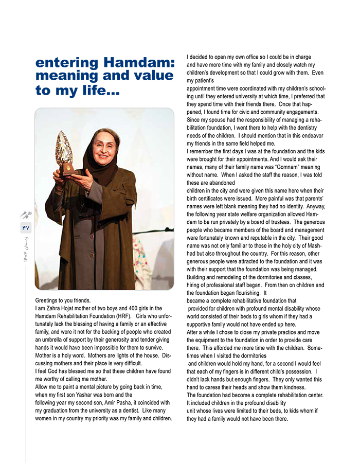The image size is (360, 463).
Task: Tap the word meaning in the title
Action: [x=68, y=76]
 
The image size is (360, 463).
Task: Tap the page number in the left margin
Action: [x=26, y=227]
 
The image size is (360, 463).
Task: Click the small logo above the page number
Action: [x=25, y=215]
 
